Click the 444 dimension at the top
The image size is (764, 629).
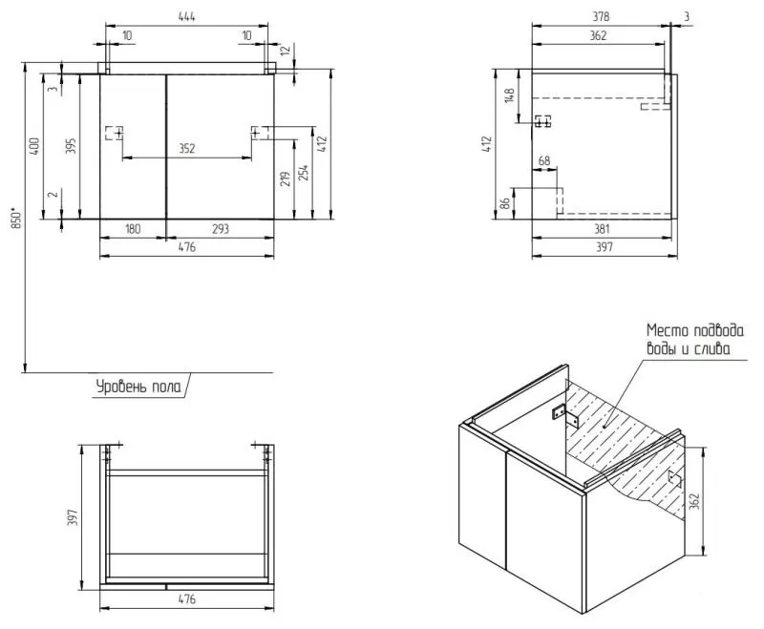coord(187,16)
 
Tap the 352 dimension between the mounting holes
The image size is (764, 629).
coord(187,148)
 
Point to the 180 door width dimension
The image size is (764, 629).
coord(133,229)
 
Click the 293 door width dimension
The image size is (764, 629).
coord(221,229)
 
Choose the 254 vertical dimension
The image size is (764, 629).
coord(305,173)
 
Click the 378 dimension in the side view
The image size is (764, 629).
coord(600,16)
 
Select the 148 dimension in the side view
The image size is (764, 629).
coord(510,96)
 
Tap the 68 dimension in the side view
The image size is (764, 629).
coord(544,161)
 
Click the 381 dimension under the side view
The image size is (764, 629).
coord(602,229)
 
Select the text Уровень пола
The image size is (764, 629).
coord(135,387)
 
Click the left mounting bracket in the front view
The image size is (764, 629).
coord(115,133)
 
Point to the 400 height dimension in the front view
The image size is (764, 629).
coord(34,146)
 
